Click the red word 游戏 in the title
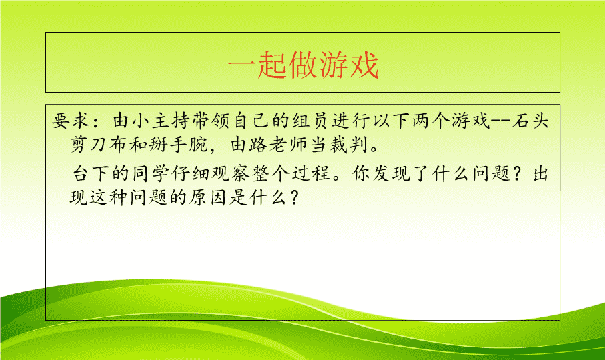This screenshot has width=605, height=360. coord(348,65)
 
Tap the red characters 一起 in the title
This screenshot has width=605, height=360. coord(257,65)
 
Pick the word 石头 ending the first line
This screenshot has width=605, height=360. coord(530,121)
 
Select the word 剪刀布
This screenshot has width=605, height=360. coord(99,145)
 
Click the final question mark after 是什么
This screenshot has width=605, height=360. coord(294,198)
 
